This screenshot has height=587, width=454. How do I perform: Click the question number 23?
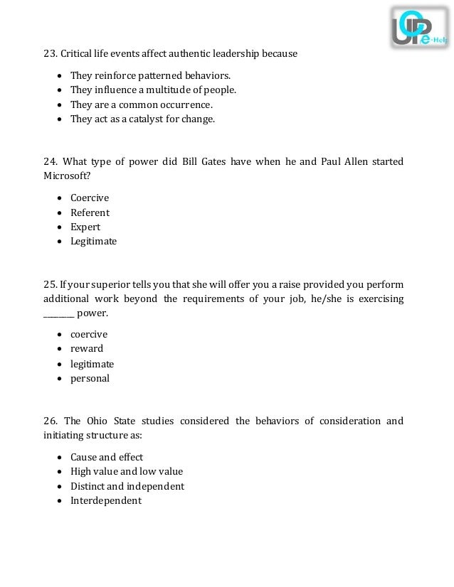click(50, 54)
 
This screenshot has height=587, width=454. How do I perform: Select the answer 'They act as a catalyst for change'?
click(142, 119)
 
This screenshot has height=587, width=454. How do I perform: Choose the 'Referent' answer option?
click(90, 212)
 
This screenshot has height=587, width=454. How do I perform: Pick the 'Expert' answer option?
click(85, 227)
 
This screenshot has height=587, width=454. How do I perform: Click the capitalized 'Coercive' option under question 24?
click(90, 198)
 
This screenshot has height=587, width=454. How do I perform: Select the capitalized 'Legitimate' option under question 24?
click(93, 242)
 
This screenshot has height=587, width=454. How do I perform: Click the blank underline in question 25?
click(58, 313)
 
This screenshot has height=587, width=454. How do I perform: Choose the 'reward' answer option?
click(87, 349)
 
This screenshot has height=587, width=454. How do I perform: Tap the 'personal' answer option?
click(90, 379)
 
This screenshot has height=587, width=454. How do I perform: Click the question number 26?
click(50, 421)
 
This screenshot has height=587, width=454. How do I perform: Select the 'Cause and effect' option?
click(107, 457)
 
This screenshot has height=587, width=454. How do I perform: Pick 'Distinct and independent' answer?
click(127, 487)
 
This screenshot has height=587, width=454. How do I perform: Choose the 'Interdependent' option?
click(106, 501)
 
